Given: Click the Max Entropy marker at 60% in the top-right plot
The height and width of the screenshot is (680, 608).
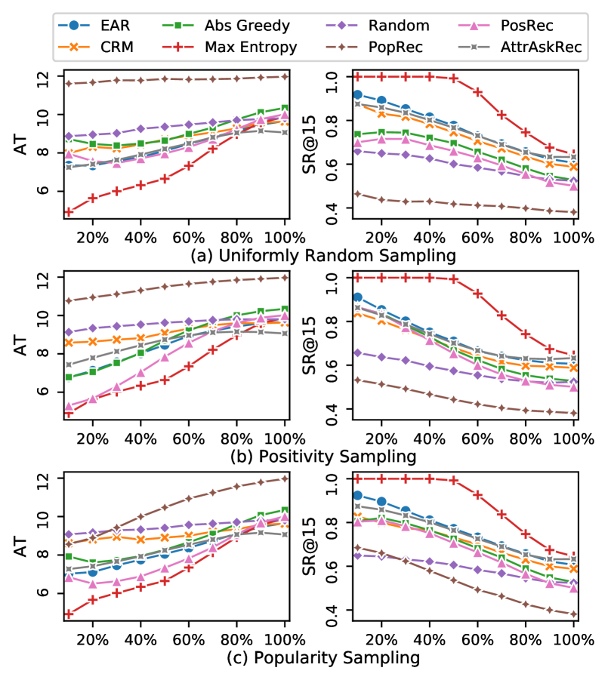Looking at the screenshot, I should click(x=477, y=92).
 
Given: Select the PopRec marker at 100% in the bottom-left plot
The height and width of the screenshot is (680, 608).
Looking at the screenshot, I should click(x=285, y=478).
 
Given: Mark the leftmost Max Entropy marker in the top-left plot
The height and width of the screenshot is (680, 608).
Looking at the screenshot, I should click(x=69, y=212).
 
